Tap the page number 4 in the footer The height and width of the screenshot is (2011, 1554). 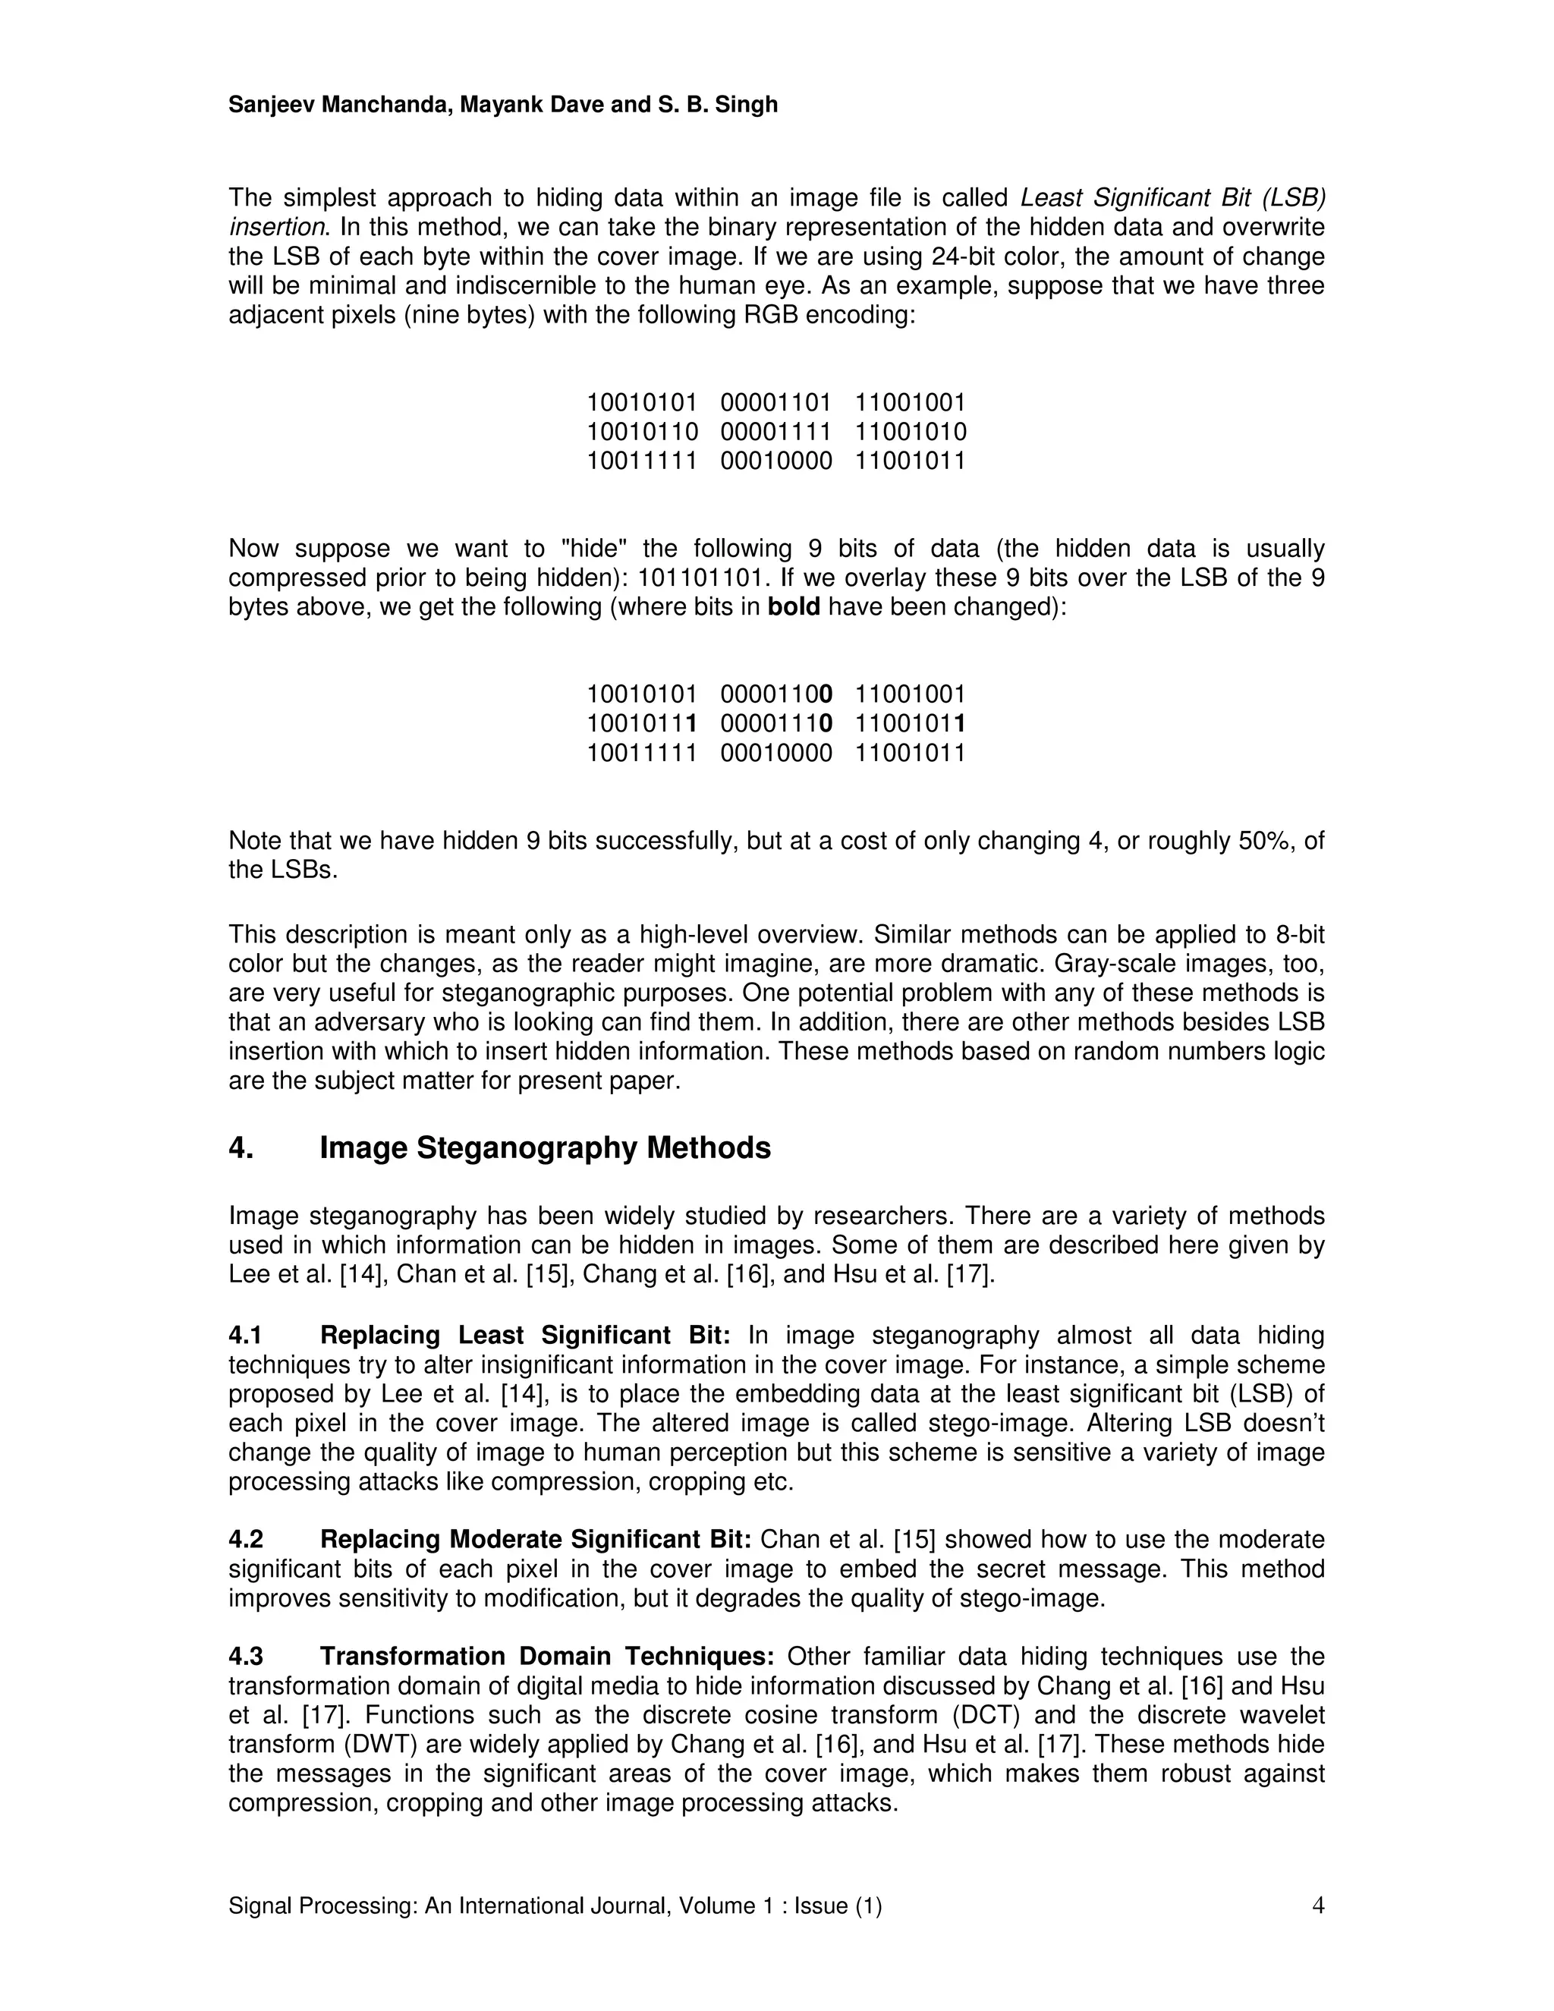[x=1317, y=1905]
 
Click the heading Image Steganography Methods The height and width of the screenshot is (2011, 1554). [x=545, y=1148]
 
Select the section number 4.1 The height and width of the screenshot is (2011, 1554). [x=246, y=1335]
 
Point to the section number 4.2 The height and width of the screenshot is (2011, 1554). [x=246, y=1540]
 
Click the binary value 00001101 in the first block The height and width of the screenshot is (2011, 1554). [x=776, y=402]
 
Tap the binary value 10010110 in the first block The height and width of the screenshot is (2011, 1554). [x=643, y=432]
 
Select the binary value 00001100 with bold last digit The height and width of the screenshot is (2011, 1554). [x=776, y=694]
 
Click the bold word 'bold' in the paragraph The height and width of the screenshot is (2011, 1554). [x=794, y=608]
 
